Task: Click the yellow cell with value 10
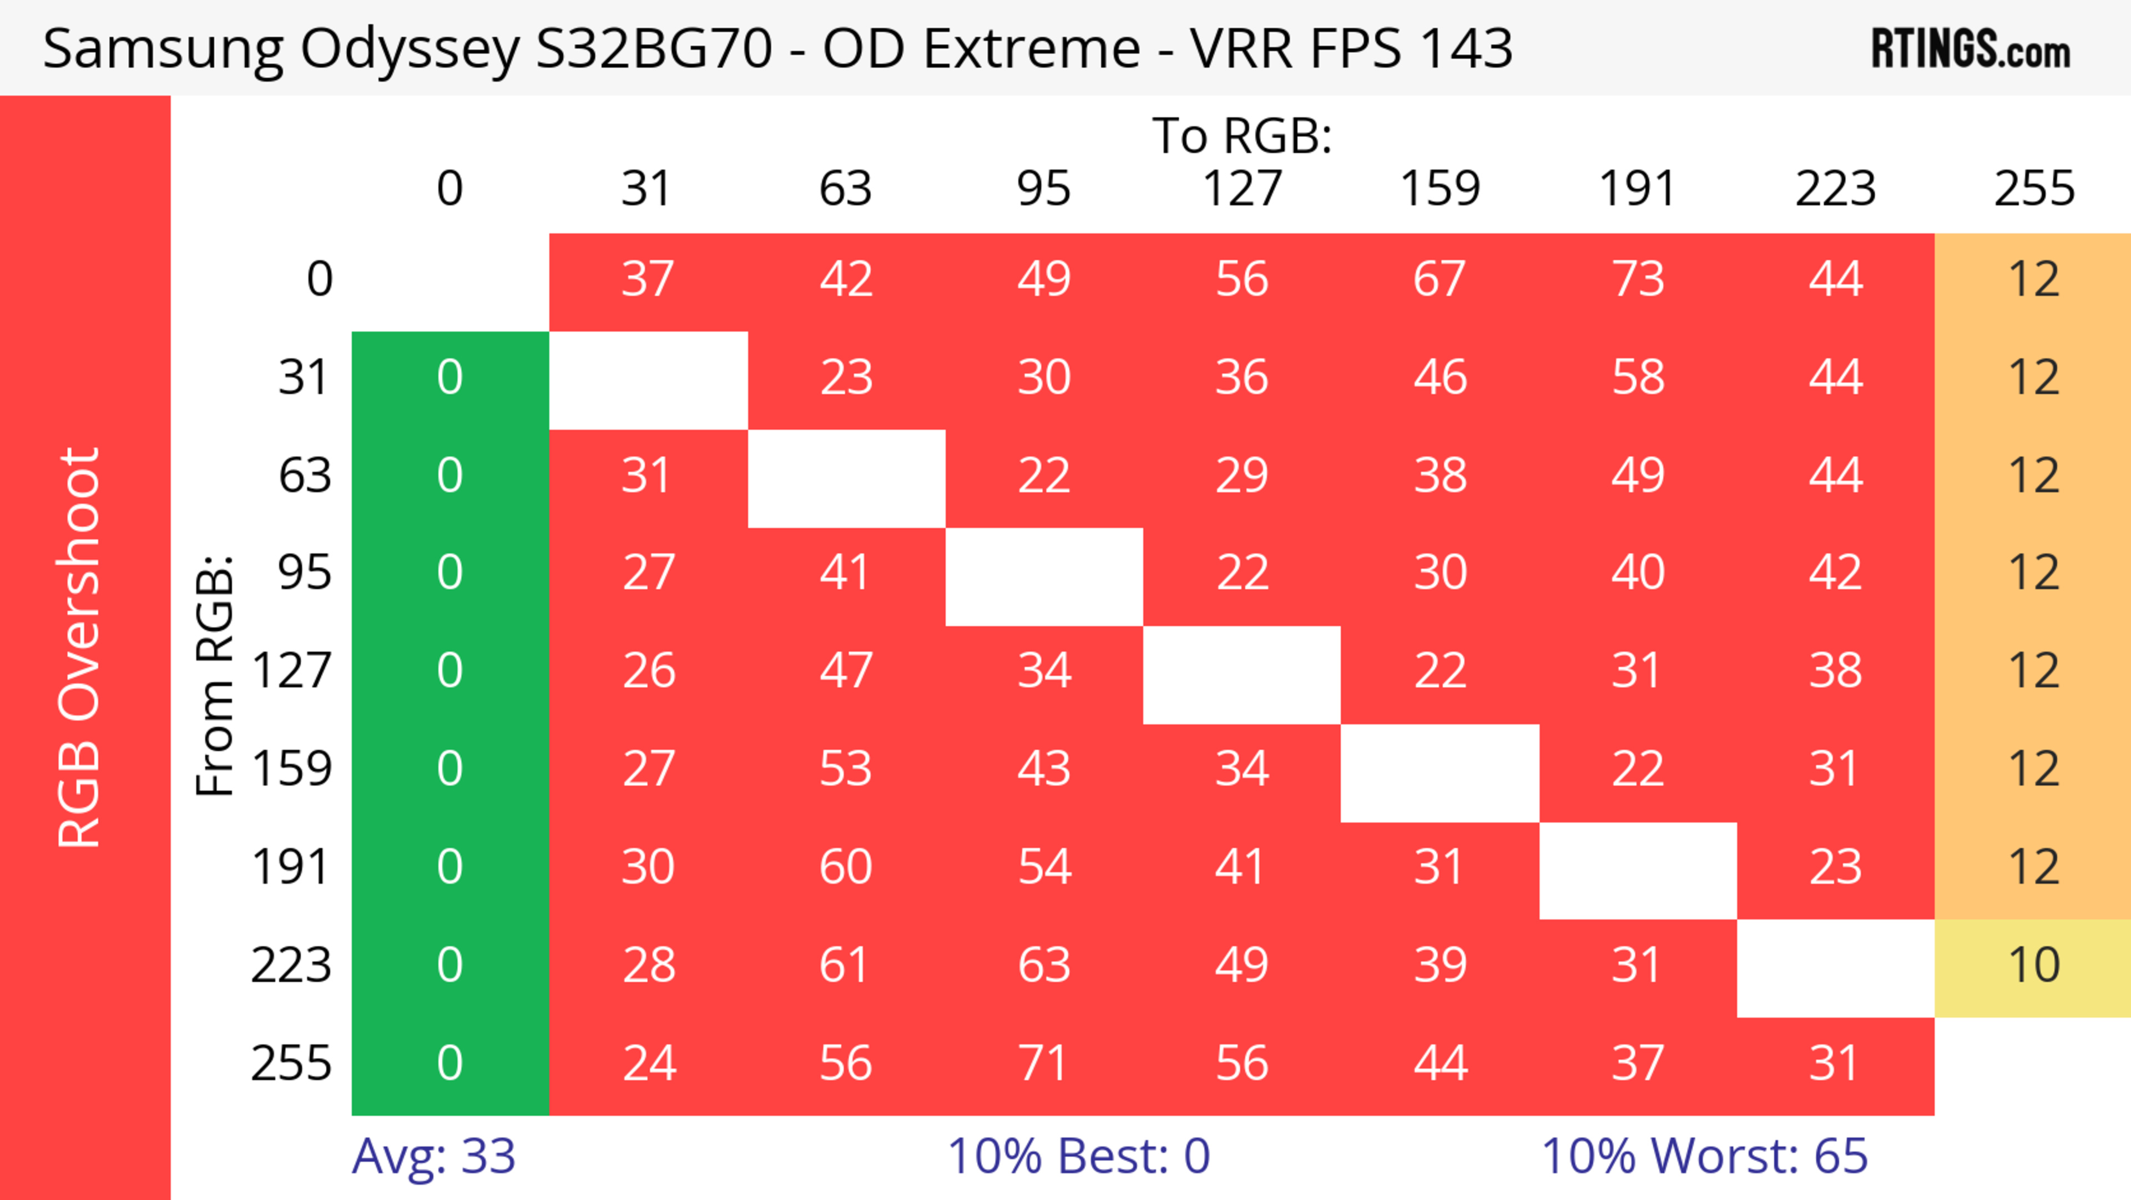click(x=2033, y=965)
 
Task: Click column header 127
click(x=1242, y=189)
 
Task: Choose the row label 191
click(x=291, y=867)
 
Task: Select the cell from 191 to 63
click(x=845, y=867)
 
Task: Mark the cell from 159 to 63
click(x=845, y=769)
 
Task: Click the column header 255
click(x=2033, y=189)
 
